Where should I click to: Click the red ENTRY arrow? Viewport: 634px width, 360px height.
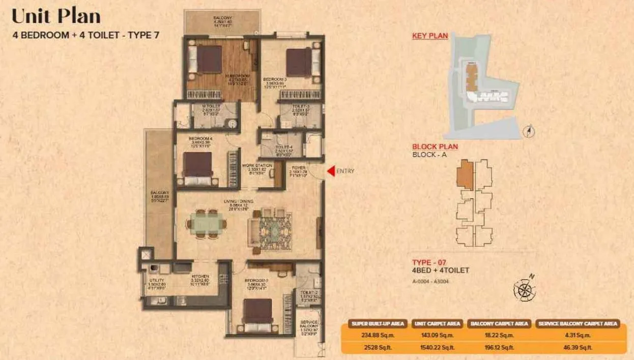tap(330, 171)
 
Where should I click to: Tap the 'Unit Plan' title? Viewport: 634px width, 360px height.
tap(56, 16)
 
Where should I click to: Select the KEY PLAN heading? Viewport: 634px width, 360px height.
tap(430, 36)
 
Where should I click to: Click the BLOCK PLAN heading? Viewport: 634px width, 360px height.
tap(435, 146)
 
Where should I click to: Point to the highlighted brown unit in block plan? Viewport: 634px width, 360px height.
tap(465, 174)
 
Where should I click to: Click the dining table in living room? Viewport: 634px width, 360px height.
tap(207, 223)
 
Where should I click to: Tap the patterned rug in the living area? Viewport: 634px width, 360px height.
tap(275, 230)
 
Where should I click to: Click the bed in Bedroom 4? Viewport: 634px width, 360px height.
tap(197, 168)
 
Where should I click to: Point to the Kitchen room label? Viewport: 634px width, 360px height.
tap(200, 276)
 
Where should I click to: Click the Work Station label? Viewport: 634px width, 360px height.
tap(256, 166)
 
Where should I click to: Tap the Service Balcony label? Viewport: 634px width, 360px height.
tap(309, 325)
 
